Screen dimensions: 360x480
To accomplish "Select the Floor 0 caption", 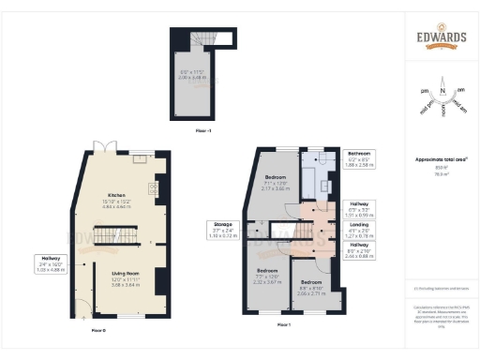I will coord(98,331).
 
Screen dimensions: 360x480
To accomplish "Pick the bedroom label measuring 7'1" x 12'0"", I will coord(275,182).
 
